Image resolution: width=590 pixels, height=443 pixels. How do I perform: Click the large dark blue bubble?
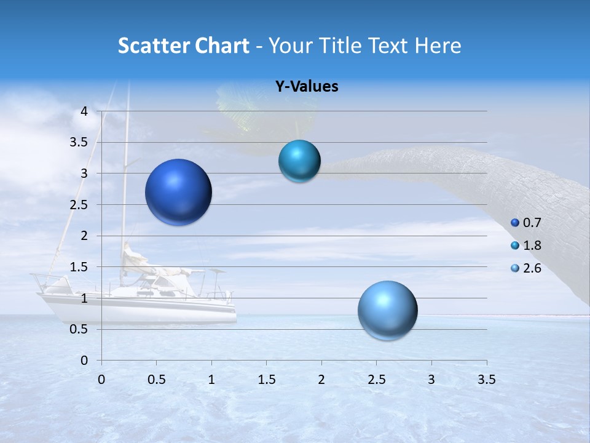coord(178,192)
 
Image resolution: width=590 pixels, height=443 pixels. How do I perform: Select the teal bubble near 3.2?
coord(299,161)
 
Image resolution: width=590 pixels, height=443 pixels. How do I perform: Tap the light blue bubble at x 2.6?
coord(387,310)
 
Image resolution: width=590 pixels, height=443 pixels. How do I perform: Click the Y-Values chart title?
coord(306,87)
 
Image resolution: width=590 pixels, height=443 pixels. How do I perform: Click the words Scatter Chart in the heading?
coord(183,46)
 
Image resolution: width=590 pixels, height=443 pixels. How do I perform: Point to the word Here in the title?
coord(438,46)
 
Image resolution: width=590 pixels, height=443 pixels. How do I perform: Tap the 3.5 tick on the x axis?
coord(486,380)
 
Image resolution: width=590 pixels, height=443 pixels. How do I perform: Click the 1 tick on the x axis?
coord(211,380)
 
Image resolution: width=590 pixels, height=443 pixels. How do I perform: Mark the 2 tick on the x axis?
coord(321,380)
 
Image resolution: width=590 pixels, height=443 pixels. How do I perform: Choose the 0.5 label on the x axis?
coord(156,380)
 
